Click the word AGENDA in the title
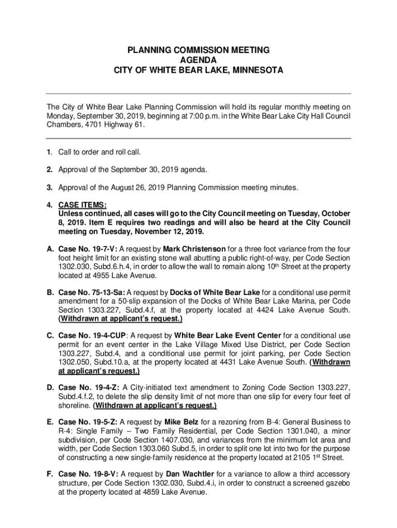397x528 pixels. (x=198, y=60)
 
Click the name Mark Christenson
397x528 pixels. (x=193, y=249)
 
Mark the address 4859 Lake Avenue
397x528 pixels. (x=173, y=492)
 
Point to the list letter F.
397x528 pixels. (x=50, y=474)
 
